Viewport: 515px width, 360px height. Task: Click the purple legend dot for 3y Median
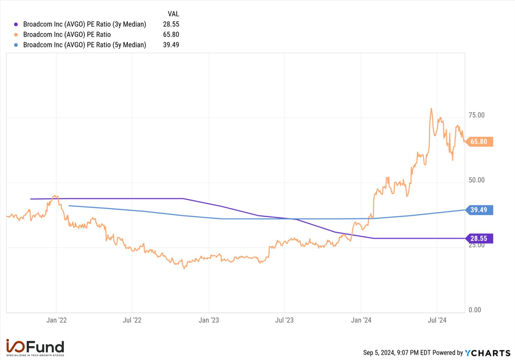pos(16,24)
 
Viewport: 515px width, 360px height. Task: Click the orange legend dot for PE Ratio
pos(16,35)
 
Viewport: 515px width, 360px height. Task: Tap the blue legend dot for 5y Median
pos(16,45)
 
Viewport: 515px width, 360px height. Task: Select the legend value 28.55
pos(171,24)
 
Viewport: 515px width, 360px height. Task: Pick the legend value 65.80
pos(171,34)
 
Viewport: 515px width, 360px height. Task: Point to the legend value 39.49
pos(171,45)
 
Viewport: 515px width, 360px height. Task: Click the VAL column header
pos(173,14)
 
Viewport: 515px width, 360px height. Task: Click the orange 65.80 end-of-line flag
pos(479,142)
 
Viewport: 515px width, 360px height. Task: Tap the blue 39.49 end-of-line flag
pos(479,210)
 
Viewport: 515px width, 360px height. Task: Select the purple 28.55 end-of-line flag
pos(479,238)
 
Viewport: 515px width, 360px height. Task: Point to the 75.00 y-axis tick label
pos(477,115)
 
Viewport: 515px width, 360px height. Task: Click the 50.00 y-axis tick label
pos(477,180)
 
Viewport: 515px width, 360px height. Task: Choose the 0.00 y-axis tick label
pos(475,310)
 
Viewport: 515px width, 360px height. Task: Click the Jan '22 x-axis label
pos(56,320)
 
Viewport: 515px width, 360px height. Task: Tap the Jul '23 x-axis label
pos(284,320)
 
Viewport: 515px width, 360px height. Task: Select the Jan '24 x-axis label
pos(361,320)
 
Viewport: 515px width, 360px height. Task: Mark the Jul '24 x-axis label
pos(437,320)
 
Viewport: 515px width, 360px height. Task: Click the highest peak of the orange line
pos(431,108)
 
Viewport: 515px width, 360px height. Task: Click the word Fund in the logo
pos(45,347)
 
